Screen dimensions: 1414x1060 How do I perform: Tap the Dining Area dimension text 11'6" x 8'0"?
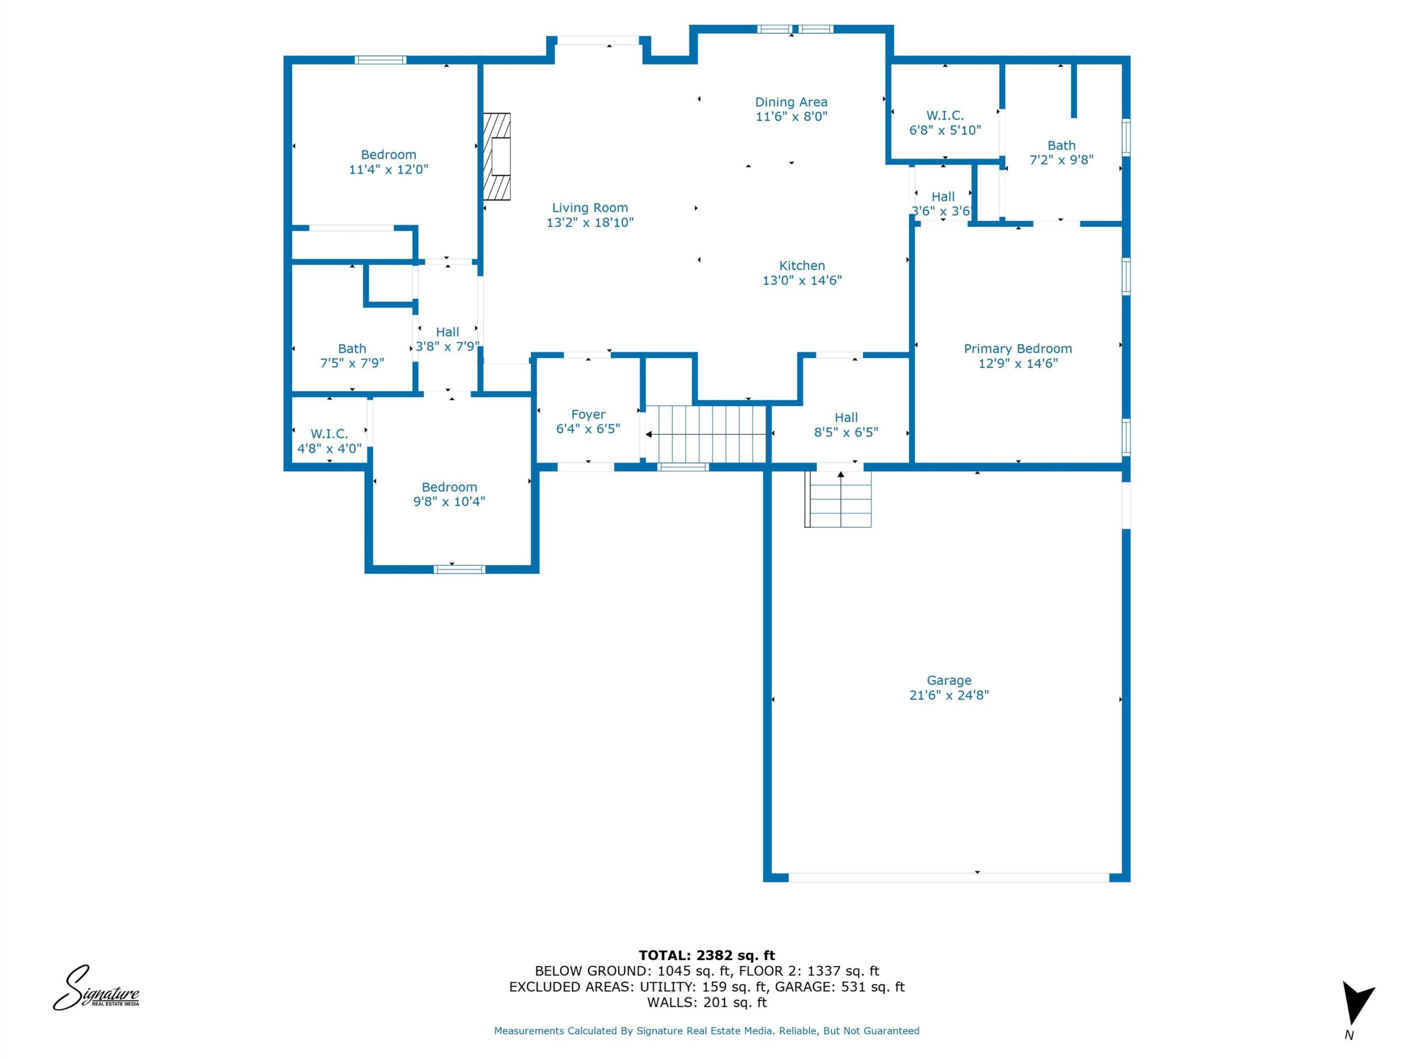(x=792, y=116)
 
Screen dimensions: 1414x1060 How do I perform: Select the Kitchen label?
(x=801, y=265)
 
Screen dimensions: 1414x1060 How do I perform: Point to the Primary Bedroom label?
(x=1017, y=348)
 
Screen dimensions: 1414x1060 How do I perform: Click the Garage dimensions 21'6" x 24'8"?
(x=948, y=695)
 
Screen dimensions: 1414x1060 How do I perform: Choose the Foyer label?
(x=588, y=414)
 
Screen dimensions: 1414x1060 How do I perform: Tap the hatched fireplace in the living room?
(x=497, y=157)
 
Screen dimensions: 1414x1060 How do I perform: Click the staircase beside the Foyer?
(x=706, y=434)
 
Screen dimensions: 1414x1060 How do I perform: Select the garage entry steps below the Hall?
(x=838, y=499)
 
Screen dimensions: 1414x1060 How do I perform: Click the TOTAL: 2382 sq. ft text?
(x=706, y=955)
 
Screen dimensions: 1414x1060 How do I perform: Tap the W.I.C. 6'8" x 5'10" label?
(x=945, y=123)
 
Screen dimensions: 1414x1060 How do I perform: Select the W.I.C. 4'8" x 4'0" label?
(x=329, y=441)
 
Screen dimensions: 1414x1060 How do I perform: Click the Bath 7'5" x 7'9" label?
(x=352, y=355)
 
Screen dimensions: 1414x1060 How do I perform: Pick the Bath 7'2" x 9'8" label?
(x=1061, y=152)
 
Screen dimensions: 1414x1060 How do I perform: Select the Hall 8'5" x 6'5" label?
(x=846, y=424)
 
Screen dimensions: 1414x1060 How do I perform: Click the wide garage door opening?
(x=948, y=878)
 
